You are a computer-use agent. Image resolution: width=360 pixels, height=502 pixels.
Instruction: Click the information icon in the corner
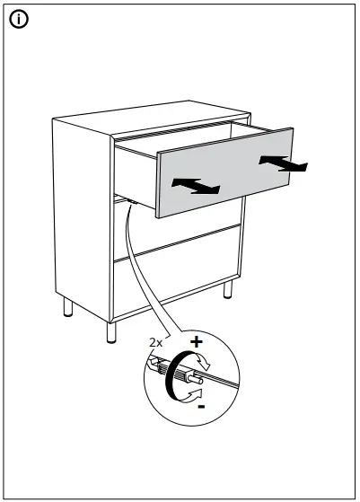(x=17, y=18)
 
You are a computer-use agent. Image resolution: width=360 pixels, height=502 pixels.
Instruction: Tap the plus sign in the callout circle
(x=197, y=342)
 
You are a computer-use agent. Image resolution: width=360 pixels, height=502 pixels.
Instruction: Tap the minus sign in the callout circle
(x=200, y=406)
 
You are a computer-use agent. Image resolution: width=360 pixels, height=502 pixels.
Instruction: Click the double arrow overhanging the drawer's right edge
(x=282, y=163)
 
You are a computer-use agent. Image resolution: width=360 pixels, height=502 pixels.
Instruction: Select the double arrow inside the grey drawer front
(x=197, y=185)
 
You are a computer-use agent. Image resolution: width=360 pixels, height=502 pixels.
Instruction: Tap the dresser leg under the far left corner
(x=68, y=310)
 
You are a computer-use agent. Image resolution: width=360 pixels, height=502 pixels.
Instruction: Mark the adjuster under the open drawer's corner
(x=131, y=202)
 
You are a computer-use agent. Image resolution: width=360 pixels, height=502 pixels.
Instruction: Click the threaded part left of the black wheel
(x=158, y=366)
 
